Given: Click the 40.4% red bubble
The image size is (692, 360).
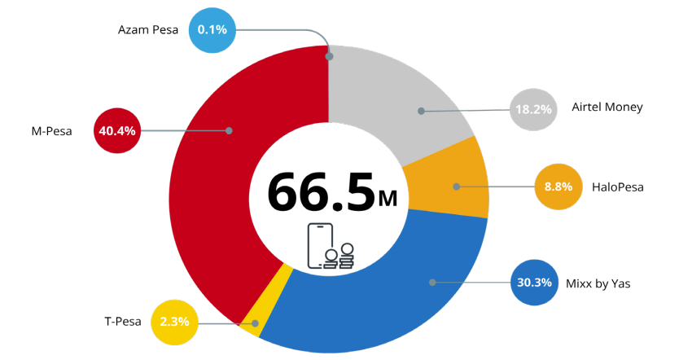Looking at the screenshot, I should pos(118,130).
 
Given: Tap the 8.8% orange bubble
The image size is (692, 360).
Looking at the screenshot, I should pos(558,187).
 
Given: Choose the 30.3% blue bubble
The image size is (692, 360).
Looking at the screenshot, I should pos(534,283).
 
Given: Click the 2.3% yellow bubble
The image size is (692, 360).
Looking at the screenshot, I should pos(175,322).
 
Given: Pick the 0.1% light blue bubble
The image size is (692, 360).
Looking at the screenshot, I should pos(212,31).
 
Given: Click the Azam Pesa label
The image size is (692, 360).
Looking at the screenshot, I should pos(148,31).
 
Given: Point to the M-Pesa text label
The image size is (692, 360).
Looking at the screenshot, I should pos(46,130).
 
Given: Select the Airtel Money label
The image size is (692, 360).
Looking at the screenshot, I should pos(607,108).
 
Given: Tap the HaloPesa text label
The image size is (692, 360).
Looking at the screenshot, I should pos(617,187).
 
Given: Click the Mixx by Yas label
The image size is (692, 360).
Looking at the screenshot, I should pos(598,283).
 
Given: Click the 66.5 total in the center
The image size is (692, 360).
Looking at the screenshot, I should pos(320,191).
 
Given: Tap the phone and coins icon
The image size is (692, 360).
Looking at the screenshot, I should pos(331,245).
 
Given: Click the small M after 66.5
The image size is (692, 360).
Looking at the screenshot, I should pos(388,197).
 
